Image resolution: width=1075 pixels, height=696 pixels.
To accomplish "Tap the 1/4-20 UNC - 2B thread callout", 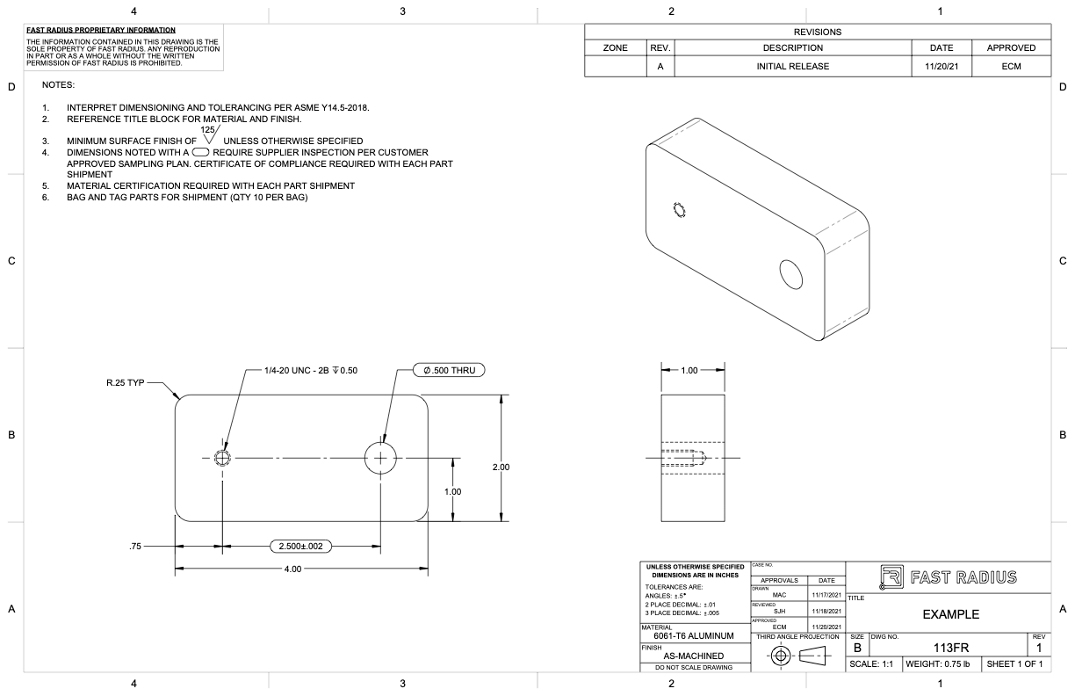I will click(x=310, y=370).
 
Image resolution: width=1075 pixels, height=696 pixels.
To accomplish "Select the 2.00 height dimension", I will click(x=501, y=468).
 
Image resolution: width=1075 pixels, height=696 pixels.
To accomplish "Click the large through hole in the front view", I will click(x=380, y=458).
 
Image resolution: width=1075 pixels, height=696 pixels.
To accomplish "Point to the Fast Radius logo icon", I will click(x=884, y=577).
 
